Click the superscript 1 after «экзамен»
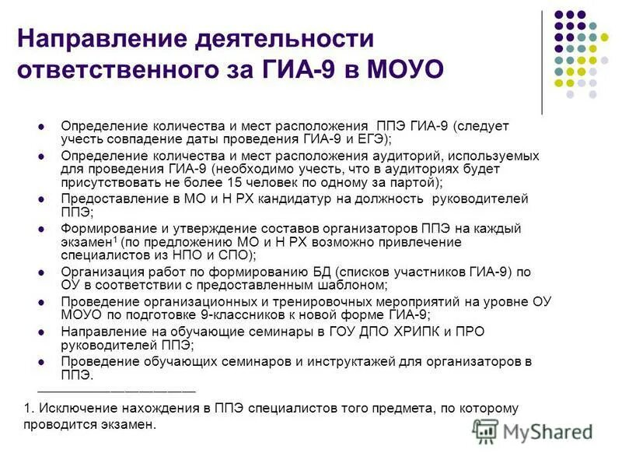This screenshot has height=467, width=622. click(114, 239)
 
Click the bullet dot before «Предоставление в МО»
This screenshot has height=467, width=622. click(44, 199)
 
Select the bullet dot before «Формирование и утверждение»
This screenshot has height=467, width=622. click(44, 229)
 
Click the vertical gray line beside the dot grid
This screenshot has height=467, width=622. click(542, 62)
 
